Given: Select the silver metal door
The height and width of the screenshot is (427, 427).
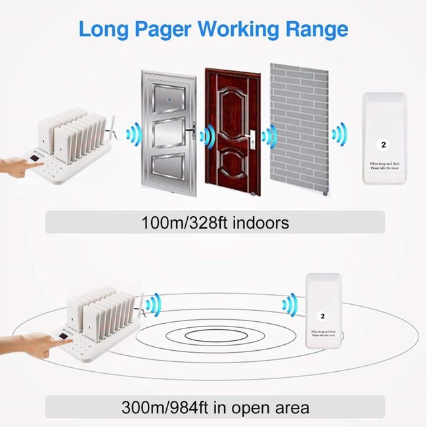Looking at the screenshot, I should pyautogui.click(x=168, y=131).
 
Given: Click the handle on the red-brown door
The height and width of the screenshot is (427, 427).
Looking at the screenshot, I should pyautogui.click(x=251, y=139).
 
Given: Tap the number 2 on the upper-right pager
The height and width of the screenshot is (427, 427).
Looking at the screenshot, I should pyautogui.click(x=384, y=143).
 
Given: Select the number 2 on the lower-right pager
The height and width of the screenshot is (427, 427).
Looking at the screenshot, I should pyautogui.click(x=322, y=317).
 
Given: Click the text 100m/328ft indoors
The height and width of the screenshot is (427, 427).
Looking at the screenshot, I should pyautogui.click(x=215, y=223).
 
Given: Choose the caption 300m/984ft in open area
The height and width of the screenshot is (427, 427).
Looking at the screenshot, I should pyautogui.click(x=214, y=407).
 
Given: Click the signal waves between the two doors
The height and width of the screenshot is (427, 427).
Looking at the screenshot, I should pyautogui.click(x=208, y=137).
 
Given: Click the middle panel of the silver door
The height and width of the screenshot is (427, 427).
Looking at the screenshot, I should pyautogui.click(x=168, y=135).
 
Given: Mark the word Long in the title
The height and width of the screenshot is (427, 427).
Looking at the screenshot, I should pyautogui.click(x=104, y=30).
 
